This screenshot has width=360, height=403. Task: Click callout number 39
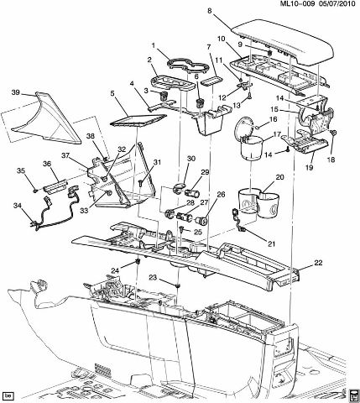(x=16, y=92)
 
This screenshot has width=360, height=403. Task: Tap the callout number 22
(x=318, y=263)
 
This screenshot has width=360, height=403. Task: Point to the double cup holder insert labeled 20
(x=258, y=202)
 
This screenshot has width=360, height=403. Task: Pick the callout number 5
(x=112, y=94)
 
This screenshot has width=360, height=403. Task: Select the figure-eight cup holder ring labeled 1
(x=189, y=66)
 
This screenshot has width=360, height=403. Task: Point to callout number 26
(x=221, y=195)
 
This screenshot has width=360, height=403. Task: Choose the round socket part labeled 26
(x=202, y=222)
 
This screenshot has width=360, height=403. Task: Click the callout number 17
(x=277, y=134)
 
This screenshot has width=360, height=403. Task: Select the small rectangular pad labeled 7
(x=212, y=81)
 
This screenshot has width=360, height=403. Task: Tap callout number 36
(x=47, y=164)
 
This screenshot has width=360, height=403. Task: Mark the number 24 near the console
(x=115, y=270)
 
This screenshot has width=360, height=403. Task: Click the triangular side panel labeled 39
(x=46, y=118)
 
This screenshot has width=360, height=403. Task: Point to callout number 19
(x=310, y=167)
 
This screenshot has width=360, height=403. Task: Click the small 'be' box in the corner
(x=8, y=395)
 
